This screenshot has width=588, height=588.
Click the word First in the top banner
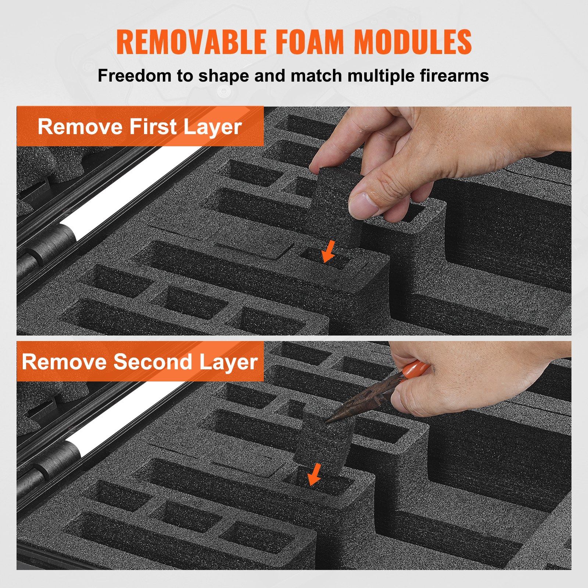click(153, 127)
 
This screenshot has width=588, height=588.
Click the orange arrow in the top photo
click(328, 252)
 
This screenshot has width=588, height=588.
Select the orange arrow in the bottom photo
click(315, 475)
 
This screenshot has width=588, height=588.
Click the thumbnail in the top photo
click(363, 205)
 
